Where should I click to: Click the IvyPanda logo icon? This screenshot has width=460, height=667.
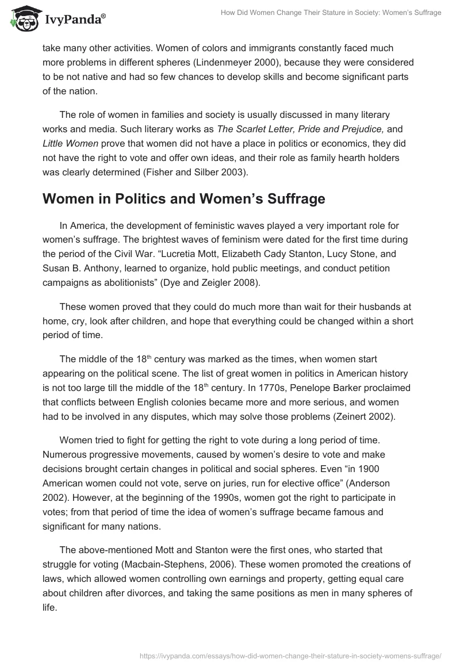[x=25, y=18]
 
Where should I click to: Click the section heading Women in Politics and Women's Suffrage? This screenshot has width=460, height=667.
[x=184, y=198]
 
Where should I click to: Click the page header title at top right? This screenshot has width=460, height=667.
[x=331, y=13]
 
